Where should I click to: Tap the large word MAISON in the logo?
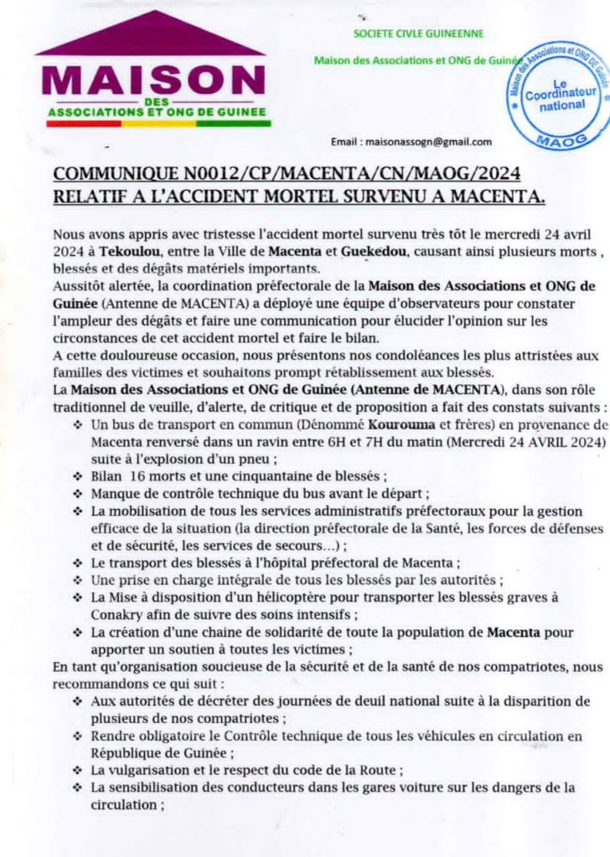pyautogui.click(x=152, y=80)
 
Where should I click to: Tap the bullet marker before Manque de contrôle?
pyautogui.click(x=78, y=493)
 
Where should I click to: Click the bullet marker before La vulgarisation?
pyautogui.click(x=78, y=770)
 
